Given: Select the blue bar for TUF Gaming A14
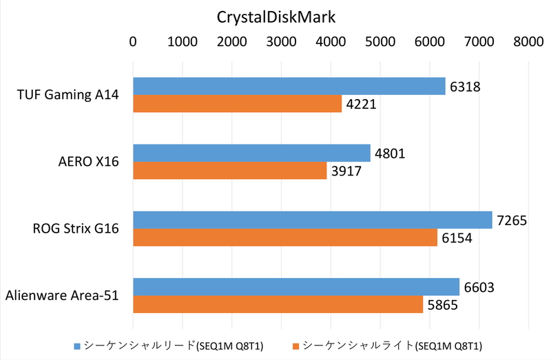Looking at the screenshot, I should pos(289,86).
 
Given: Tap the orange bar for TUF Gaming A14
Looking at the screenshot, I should pos(237,103).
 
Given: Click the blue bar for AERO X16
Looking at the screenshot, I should pos(251,153).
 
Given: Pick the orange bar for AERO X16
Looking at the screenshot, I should pos(229,170).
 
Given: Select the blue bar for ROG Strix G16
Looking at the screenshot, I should pos(312,220).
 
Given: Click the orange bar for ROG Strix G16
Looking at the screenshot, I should pos(284,237).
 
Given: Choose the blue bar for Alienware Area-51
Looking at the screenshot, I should pos(295,286).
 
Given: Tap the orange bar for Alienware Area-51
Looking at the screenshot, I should pos(278,304).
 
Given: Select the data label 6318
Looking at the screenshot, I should pos(466,87).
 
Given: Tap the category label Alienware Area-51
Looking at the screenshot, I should pos(62,295).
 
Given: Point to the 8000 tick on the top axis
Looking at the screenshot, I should pos(528,41).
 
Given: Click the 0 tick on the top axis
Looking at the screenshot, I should pos(133,41).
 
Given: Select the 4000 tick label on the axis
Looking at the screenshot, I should pos(331,41).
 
